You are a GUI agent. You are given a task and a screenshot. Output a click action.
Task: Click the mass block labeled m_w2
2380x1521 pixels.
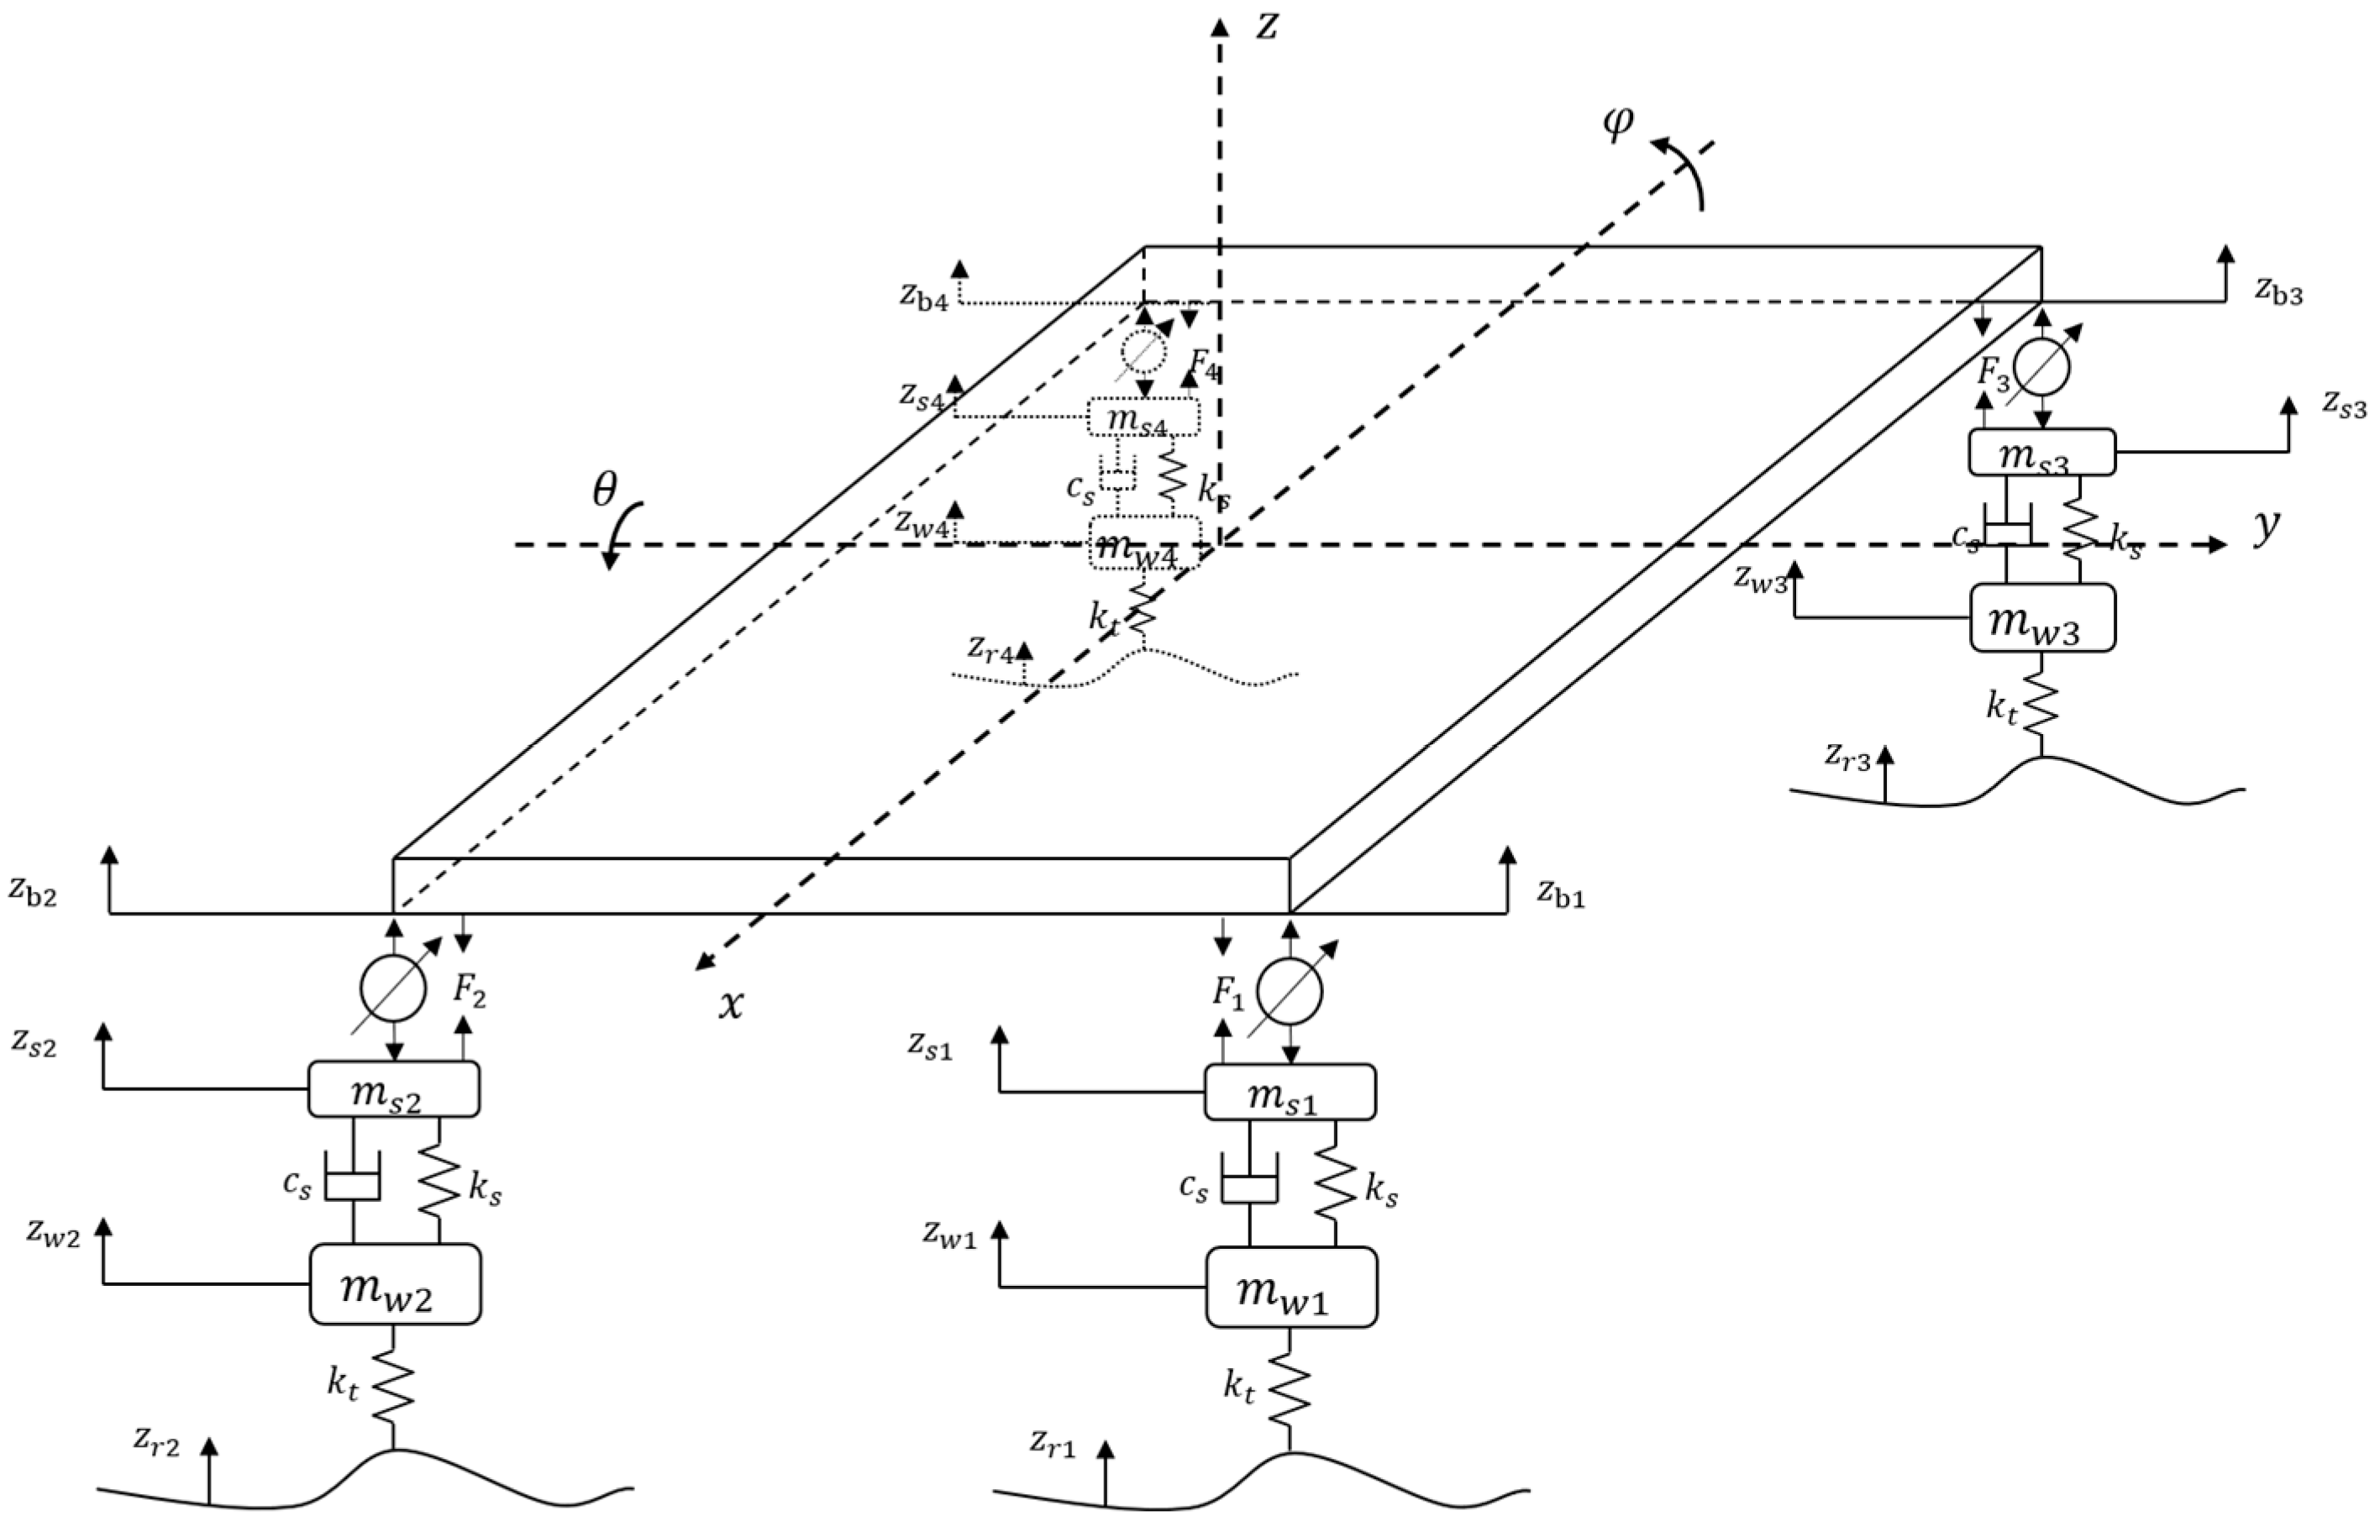396,1282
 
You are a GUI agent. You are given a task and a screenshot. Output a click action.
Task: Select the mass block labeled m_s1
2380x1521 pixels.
1290,1091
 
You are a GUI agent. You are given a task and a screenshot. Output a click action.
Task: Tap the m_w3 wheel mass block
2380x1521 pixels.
2042,617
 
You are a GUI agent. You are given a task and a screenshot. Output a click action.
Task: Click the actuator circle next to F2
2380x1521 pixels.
392,989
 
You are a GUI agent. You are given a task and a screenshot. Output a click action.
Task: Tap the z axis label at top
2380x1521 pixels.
1266,28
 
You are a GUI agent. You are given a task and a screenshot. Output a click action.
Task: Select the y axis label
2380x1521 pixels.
2267,527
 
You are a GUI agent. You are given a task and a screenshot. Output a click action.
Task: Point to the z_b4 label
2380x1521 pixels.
923,297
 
